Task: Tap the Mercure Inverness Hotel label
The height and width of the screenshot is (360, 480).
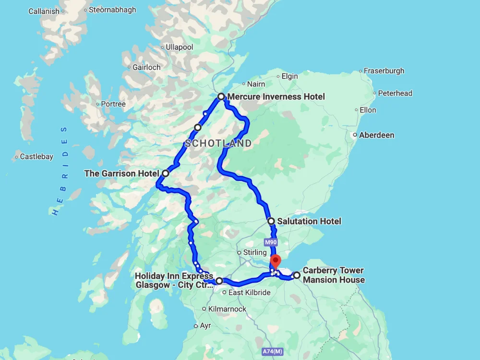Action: [276, 97]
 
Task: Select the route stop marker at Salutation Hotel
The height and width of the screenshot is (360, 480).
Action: [271, 221]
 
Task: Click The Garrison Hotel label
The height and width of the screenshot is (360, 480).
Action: [121, 173]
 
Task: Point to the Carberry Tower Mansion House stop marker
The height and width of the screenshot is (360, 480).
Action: [297, 276]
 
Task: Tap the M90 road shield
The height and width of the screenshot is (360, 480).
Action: [270, 242]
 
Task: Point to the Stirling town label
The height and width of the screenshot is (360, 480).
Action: [255, 252]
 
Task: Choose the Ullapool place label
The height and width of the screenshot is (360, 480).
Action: [179, 48]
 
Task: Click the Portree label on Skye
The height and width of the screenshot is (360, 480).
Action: [113, 104]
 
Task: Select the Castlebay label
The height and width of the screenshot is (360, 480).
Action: [36, 157]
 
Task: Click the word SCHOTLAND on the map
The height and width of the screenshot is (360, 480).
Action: [218, 144]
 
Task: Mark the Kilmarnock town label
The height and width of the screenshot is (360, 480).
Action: [227, 309]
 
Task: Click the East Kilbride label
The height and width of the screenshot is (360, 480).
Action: [249, 293]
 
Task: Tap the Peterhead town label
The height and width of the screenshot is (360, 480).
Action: [395, 93]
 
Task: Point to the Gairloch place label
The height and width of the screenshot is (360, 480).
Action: [147, 68]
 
